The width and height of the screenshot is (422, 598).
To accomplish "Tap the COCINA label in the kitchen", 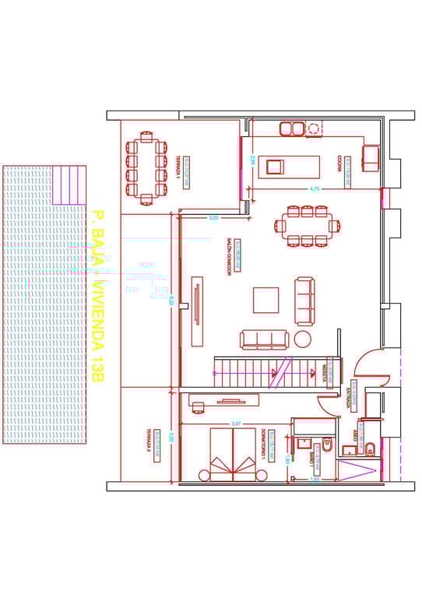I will click(x=340, y=161).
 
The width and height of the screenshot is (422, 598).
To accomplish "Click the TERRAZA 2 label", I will click(x=148, y=441).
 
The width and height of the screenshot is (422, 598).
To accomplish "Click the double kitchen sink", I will click(x=291, y=128).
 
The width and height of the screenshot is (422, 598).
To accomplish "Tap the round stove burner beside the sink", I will click(x=314, y=128).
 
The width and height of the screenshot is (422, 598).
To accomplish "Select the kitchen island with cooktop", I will click(x=289, y=166).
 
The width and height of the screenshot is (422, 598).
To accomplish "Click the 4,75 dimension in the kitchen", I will click(x=315, y=188).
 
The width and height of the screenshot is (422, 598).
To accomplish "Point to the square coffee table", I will click(x=266, y=301).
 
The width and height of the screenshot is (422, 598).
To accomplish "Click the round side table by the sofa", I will click(x=302, y=339).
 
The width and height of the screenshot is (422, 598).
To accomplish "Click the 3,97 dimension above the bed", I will click(x=236, y=424).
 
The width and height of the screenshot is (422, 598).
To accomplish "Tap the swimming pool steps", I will click(x=68, y=185).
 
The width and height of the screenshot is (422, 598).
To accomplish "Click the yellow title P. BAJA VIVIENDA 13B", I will click(x=97, y=295).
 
